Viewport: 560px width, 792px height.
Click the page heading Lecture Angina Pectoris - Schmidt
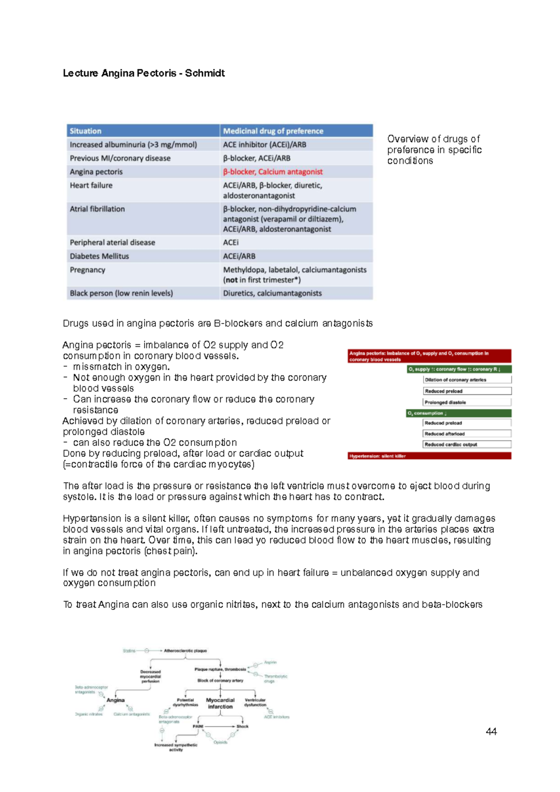coord(144,73)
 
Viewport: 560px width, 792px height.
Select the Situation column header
coord(85,131)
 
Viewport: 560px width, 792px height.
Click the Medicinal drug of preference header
coord(273,131)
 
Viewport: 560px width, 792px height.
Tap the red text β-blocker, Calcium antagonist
coord(273,172)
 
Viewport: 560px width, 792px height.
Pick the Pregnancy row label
coord(88,270)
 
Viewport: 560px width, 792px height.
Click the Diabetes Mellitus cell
coord(99,256)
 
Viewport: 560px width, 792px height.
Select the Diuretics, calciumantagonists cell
coord(272,293)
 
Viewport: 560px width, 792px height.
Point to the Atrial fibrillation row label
coord(98,209)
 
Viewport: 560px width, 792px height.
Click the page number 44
coord(491,732)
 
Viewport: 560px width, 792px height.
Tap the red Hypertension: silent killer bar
coord(429,456)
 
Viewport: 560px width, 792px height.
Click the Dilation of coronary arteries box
coord(466,380)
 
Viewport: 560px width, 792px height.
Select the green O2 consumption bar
coord(458,413)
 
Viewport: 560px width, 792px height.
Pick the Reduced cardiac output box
coord(466,445)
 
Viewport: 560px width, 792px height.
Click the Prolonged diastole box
coord(466,402)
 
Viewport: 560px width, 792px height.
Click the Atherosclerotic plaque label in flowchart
coord(185,651)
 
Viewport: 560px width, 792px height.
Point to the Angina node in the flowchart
coord(116,700)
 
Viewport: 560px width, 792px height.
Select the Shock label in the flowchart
coord(243,727)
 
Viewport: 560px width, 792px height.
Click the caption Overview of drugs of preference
coord(434,150)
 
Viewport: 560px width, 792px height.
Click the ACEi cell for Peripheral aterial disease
coord(231,243)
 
